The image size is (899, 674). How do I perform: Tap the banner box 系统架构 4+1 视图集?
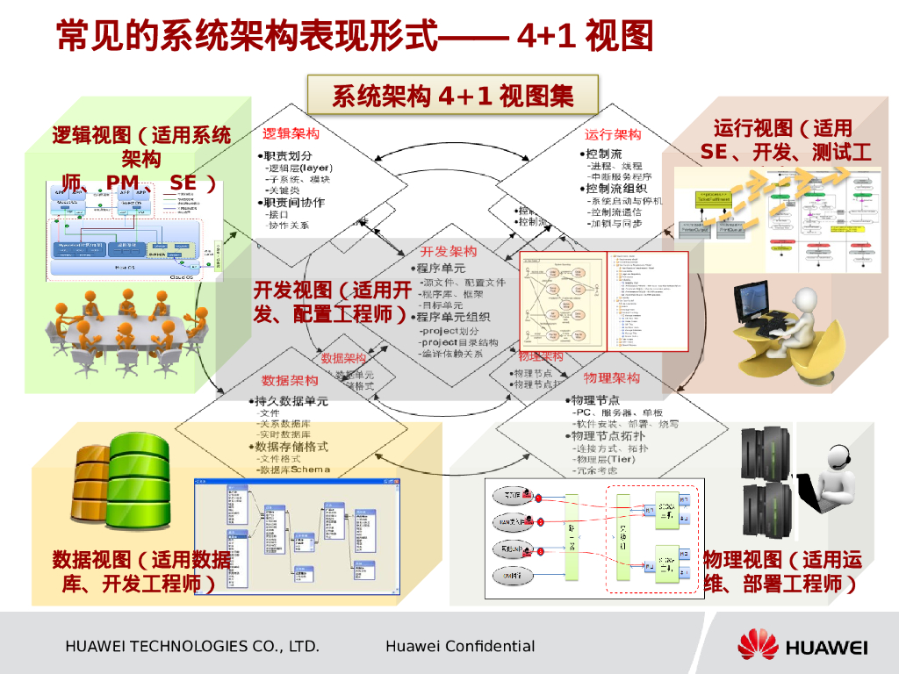pyautogui.click(x=452, y=95)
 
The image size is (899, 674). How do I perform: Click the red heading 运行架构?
pyautogui.click(x=613, y=134)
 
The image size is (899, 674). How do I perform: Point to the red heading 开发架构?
pyautogui.click(x=449, y=252)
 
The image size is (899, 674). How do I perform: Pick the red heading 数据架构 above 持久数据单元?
pyautogui.click(x=290, y=381)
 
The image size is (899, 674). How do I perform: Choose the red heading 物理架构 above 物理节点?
pyautogui.click(x=612, y=378)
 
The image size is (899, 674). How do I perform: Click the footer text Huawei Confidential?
pyautogui.click(x=459, y=647)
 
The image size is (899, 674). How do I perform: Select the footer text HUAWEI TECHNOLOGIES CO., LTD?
pyautogui.click(x=191, y=647)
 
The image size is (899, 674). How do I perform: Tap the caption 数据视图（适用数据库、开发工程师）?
pyautogui.click(x=140, y=571)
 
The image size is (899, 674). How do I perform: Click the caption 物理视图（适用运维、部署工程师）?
pyautogui.click(x=782, y=571)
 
